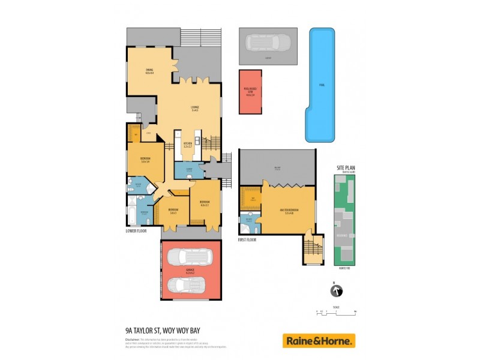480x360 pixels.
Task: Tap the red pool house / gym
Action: click(x=250, y=92)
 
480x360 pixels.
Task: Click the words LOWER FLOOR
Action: click(x=136, y=230)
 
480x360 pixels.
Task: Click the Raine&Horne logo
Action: click(x=319, y=341)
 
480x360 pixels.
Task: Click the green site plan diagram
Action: click(x=345, y=220)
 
